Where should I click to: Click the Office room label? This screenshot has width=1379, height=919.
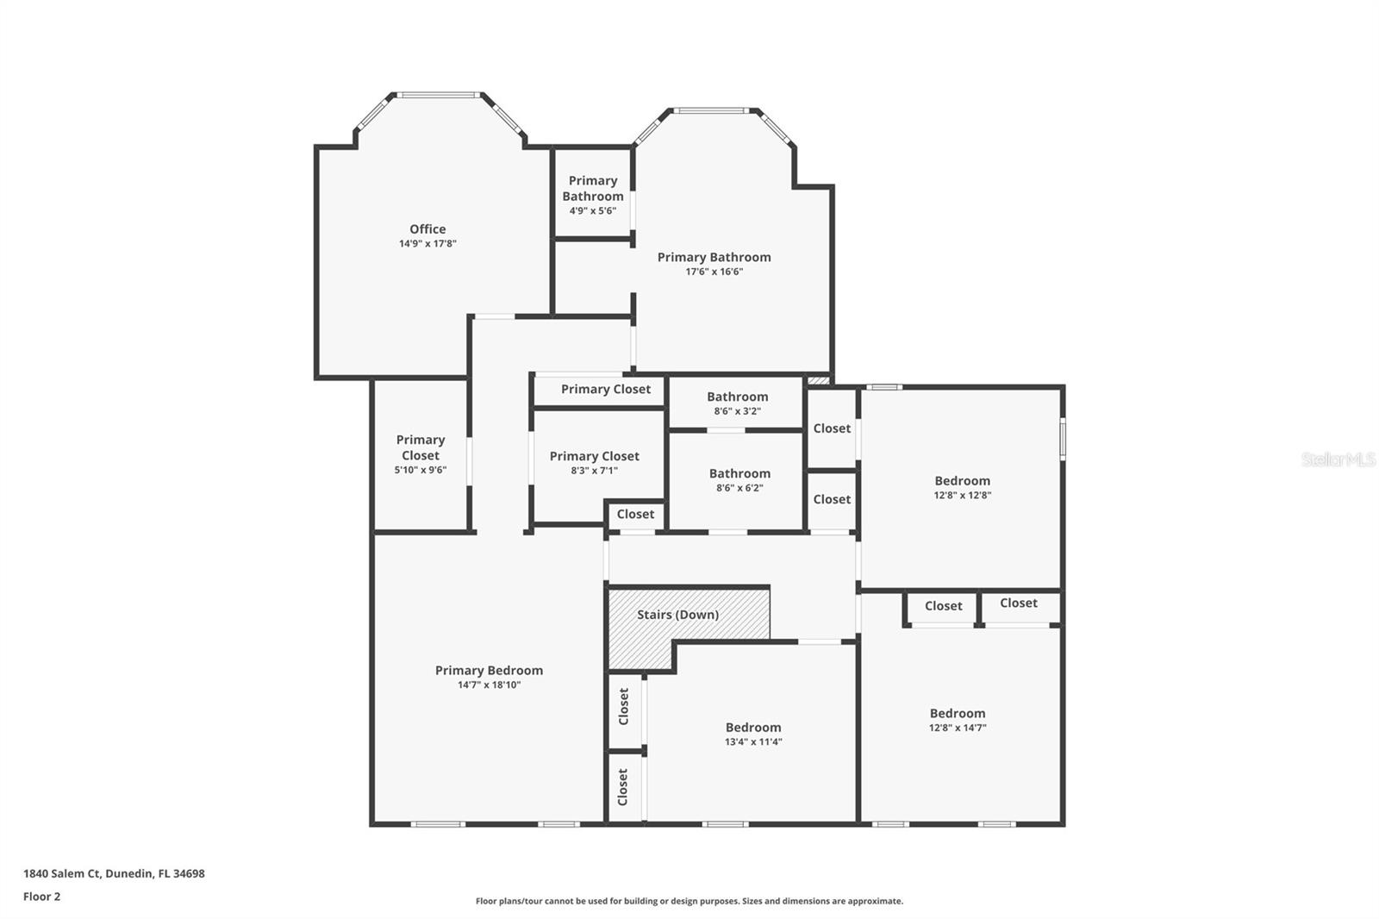(x=427, y=228)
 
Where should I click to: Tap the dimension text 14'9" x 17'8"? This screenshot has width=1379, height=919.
(x=427, y=244)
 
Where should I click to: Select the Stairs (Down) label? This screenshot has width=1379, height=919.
(x=677, y=615)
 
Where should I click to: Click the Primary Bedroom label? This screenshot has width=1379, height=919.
(x=489, y=671)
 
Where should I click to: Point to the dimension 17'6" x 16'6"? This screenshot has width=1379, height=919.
(x=714, y=272)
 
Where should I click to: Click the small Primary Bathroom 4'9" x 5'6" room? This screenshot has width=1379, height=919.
(x=593, y=195)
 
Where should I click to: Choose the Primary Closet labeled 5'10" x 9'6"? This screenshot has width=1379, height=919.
(x=421, y=454)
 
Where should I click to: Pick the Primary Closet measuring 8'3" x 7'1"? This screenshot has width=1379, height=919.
(x=595, y=462)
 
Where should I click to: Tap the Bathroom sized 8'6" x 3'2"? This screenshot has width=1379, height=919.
(x=737, y=403)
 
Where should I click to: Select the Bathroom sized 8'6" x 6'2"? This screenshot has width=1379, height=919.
(x=739, y=479)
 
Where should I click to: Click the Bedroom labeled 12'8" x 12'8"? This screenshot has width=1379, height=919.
(x=962, y=487)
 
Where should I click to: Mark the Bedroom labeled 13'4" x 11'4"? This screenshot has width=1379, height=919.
(x=753, y=734)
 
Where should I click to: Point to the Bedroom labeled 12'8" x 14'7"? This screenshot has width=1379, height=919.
(x=958, y=719)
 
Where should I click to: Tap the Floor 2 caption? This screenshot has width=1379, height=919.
(x=41, y=897)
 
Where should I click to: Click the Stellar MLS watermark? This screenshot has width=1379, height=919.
(x=1338, y=459)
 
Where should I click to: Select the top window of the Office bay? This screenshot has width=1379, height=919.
(x=438, y=95)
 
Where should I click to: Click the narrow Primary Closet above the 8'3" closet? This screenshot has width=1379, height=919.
(x=606, y=390)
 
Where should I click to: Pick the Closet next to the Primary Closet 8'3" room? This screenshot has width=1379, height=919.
(x=635, y=515)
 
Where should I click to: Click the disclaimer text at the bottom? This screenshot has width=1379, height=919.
(x=689, y=901)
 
